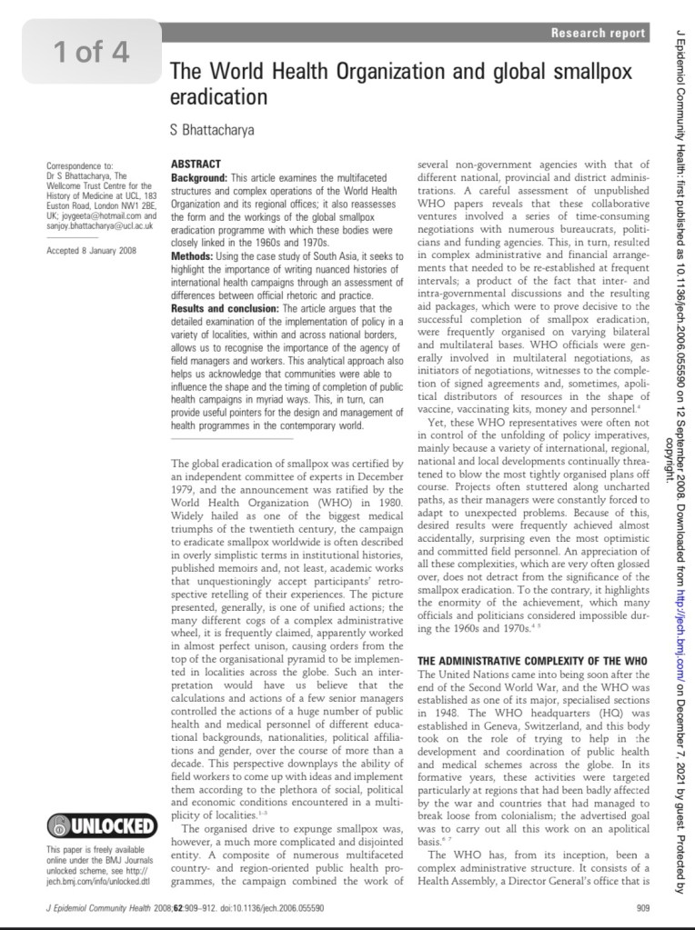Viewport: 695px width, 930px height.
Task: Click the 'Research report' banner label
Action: click(599, 33)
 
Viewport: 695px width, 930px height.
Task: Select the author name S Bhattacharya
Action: click(212, 130)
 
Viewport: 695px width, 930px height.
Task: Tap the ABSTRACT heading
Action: click(196, 164)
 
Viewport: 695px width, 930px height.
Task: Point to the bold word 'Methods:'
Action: click(194, 257)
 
